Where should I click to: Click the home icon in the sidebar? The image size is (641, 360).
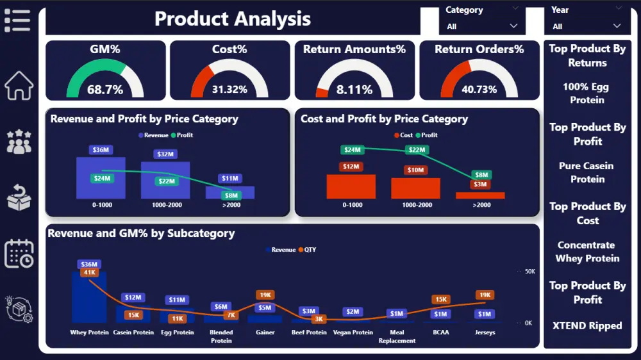point(19,85)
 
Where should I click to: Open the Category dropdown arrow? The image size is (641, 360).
point(513,26)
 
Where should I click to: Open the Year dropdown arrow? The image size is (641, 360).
point(617,26)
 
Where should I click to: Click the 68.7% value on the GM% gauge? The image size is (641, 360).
point(105,90)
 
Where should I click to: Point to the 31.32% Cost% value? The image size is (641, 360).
point(229,90)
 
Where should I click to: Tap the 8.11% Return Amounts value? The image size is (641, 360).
point(354,90)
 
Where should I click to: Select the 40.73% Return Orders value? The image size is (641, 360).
point(479,90)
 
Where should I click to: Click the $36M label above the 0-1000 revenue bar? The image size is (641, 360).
point(101,150)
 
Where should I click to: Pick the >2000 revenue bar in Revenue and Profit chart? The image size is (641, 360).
point(230,192)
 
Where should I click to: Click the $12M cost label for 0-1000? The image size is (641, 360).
point(351,167)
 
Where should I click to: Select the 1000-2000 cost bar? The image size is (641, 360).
point(415,188)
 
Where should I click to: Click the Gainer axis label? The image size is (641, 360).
point(265,332)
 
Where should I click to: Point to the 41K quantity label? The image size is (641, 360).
point(88,272)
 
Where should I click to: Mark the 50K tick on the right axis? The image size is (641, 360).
point(529,272)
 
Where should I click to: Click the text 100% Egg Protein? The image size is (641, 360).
point(587,94)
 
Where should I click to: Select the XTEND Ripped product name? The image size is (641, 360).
point(587,325)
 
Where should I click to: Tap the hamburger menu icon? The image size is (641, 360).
point(17,20)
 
